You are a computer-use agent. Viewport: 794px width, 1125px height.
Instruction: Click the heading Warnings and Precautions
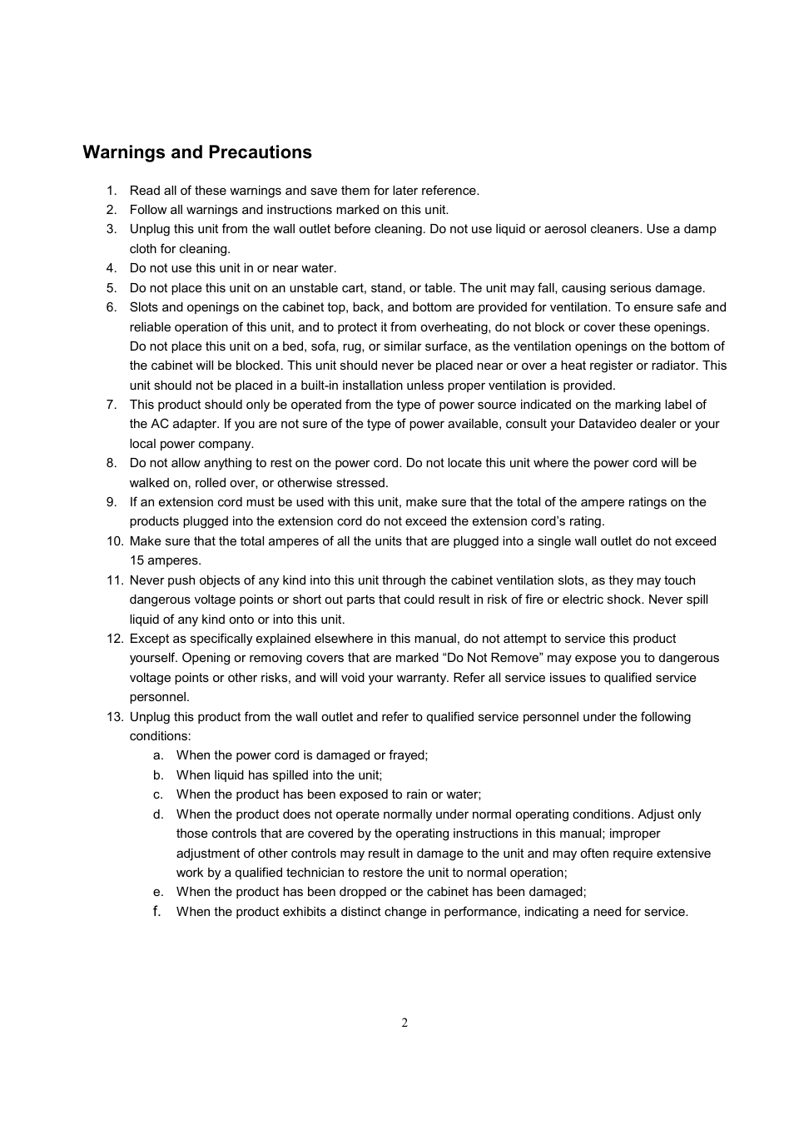point(197,152)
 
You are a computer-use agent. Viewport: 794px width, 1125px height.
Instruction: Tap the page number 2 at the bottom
point(404,1023)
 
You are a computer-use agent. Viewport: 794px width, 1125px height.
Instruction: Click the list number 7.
point(111,405)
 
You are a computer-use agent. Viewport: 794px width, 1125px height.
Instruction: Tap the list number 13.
point(114,717)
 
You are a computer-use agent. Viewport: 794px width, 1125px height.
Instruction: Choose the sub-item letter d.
point(158,814)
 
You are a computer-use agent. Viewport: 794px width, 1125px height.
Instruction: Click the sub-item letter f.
point(156,911)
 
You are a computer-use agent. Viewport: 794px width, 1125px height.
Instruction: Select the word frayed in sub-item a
point(408,755)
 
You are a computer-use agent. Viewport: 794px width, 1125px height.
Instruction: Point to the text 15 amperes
point(165,560)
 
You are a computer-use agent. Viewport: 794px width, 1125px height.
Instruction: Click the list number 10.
point(114,541)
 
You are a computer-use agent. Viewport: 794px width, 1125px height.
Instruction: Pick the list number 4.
point(111,268)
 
